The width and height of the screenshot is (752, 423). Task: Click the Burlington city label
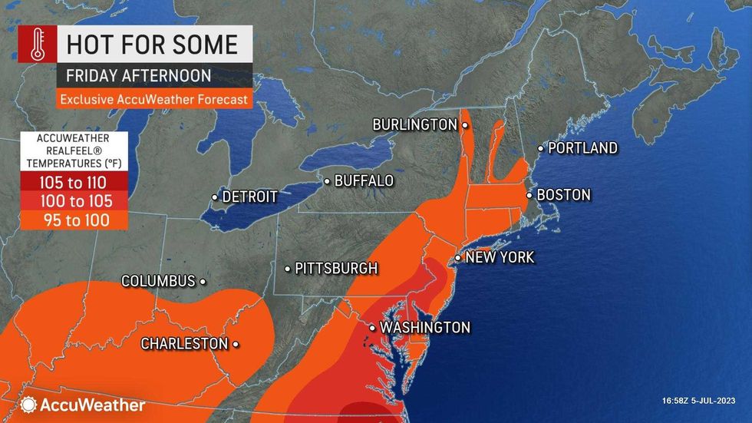click(414, 124)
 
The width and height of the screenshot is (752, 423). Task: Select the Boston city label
click(563, 195)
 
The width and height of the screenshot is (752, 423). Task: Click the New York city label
click(500, 258)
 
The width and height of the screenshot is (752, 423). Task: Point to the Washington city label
click(424, 328)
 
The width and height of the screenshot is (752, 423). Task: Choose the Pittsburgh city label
click(336, 269)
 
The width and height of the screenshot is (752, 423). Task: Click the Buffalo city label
click(364, 181)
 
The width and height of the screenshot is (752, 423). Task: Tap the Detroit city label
click(249, 197)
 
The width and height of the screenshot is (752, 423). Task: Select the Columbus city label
click(158, 282)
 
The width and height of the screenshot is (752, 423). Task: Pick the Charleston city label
click(184, 344)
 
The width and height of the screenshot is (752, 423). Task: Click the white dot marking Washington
click(373, 328)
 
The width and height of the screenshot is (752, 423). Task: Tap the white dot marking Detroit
click(214, 197)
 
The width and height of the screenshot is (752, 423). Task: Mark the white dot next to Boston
click(529, 195)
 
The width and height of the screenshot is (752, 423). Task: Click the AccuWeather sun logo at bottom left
click(30, 404)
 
